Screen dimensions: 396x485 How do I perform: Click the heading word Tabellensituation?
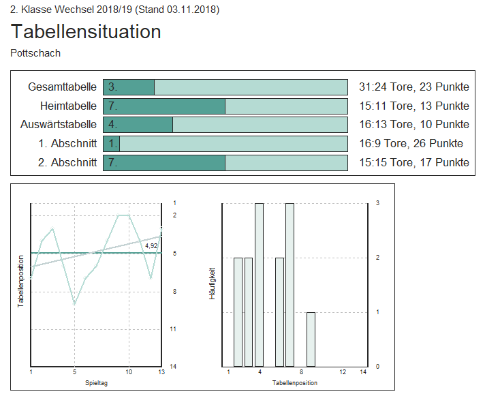(86, 31)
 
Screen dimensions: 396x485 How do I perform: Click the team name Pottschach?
(35, 52)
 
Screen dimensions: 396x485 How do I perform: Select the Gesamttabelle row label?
(62, 87)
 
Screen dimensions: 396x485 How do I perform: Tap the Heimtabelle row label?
(68, 106)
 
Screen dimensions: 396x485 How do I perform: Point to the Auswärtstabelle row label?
(58, 124)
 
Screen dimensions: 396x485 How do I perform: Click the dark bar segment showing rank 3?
(129, 87)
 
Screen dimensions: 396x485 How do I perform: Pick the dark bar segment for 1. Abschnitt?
(112, 143)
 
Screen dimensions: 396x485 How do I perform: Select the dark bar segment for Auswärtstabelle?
(138, 124)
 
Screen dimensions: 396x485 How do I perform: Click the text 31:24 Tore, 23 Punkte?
(413, 87)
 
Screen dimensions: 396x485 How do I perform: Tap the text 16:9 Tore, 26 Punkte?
(411, 143)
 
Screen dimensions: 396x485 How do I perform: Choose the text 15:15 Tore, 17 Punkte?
(413, 162)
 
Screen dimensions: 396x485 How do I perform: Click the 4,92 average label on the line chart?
(151, 245)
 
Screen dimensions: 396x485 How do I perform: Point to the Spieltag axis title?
(95, 383)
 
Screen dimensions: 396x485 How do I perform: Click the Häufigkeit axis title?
(213, 284)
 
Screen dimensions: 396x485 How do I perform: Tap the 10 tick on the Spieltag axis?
(128, 372)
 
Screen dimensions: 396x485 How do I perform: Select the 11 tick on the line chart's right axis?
(174, 329)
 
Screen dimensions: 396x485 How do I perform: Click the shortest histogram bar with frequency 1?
(311, 339)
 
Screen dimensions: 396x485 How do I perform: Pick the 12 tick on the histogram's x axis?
(343, 372)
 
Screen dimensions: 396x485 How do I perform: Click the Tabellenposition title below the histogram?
(294, 383)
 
